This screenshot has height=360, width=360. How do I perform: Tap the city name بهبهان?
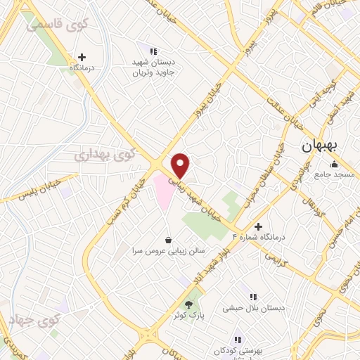[321, 146]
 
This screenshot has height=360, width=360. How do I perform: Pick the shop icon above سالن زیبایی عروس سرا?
[167, 240]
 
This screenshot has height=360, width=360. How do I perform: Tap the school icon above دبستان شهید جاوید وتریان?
[153, 51]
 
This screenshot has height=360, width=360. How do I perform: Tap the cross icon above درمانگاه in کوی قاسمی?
[82, 57]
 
